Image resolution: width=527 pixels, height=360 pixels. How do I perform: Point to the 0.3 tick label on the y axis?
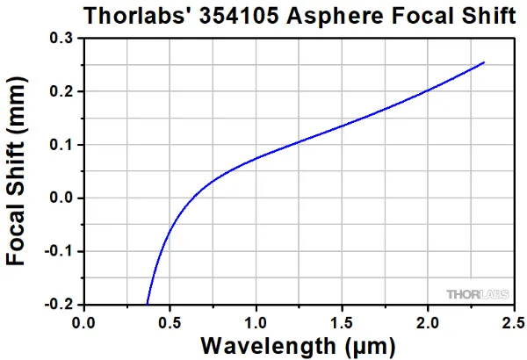pyautogui.click(x=61, y=40)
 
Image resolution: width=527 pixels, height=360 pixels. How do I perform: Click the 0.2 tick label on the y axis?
pyautogui.click(x=61, y=92)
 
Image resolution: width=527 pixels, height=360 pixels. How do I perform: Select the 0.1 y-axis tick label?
pyautogui.click(x=61, y=145)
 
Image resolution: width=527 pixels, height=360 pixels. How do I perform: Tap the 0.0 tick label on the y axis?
pyautogui.click(x=61, y=198)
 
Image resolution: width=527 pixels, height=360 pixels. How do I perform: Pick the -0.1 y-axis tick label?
pyautogui.click(x=58, y=251)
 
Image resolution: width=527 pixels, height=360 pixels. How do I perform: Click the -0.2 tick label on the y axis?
pyautogui.click(x=58, y=304)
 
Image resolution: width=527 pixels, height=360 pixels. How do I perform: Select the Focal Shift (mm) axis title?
pyautogui.click(x=19, y=172)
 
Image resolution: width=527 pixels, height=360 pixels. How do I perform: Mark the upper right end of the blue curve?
pyautogui.click(x=483, y=63)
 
